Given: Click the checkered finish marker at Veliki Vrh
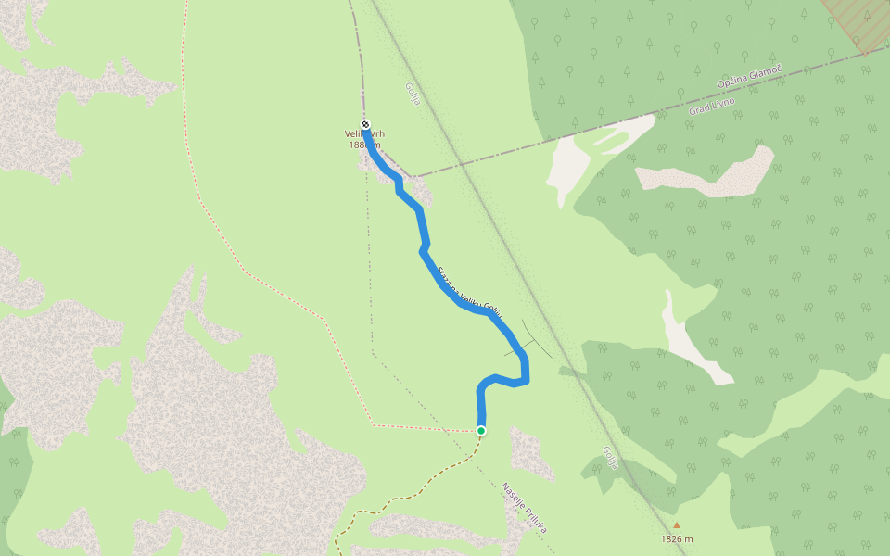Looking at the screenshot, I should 365,125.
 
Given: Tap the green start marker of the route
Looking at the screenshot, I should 481,430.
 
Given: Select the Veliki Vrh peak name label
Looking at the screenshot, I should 364,134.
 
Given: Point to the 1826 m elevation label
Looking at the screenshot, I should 678,539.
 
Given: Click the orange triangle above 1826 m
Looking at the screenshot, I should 677,524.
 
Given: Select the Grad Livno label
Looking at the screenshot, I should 712,106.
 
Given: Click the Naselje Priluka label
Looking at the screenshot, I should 525,507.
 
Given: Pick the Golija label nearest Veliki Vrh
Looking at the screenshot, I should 413,94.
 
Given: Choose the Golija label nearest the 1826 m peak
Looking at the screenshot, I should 609,458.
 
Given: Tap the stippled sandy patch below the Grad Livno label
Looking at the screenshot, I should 714,174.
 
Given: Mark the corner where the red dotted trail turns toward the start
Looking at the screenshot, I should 372,425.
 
